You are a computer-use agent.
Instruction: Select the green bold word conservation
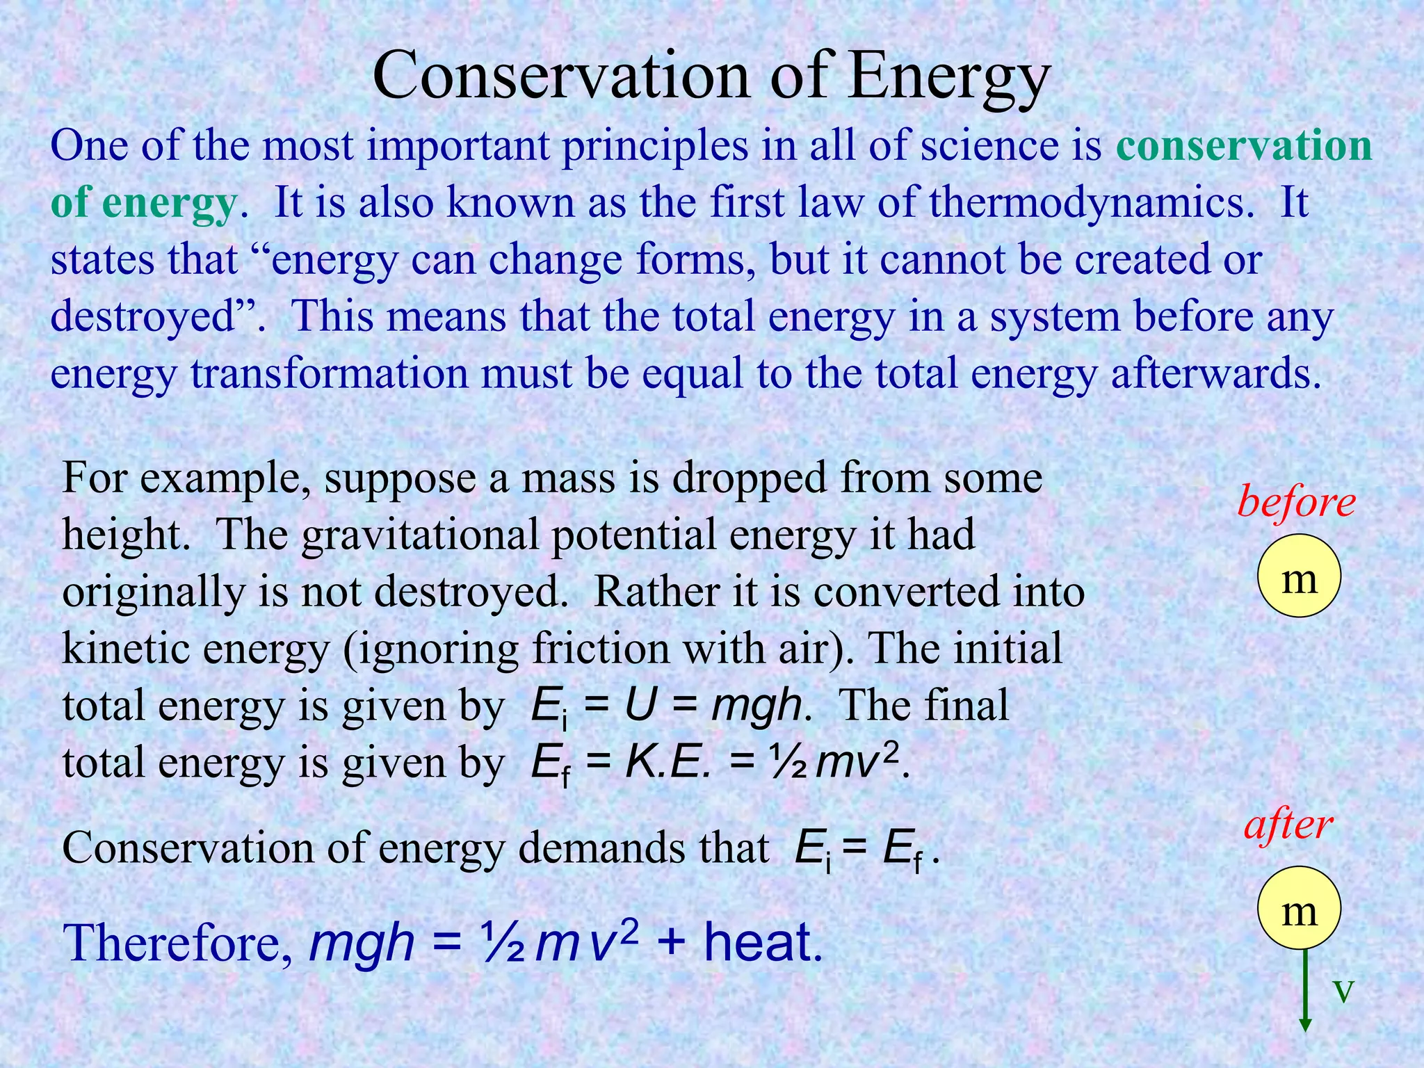click(1244, 146)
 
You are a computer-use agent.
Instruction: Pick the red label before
click(1296, 502)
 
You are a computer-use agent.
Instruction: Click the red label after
click(1288, 825)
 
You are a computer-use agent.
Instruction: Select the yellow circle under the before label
click(1299, 576)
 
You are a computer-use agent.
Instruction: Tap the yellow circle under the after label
click(1299, 909)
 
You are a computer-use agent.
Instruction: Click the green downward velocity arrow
click(1305, 991)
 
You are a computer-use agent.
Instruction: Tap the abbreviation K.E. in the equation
click(668, 763)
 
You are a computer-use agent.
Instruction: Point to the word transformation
click(330, 373)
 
